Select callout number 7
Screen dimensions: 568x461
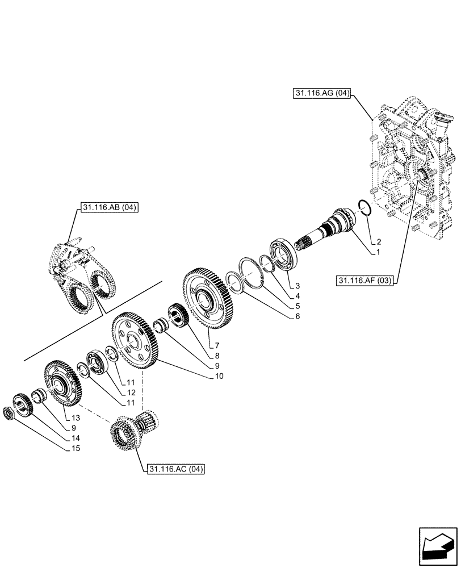(214, 345)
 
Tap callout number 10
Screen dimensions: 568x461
(219, 376)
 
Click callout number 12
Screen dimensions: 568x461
(131, 392)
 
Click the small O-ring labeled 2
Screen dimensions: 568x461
(364, 208)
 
